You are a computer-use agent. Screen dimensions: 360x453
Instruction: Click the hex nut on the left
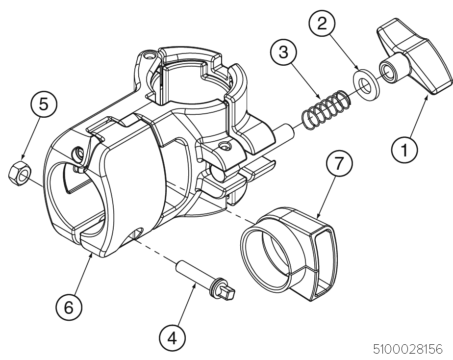(20, 172)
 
